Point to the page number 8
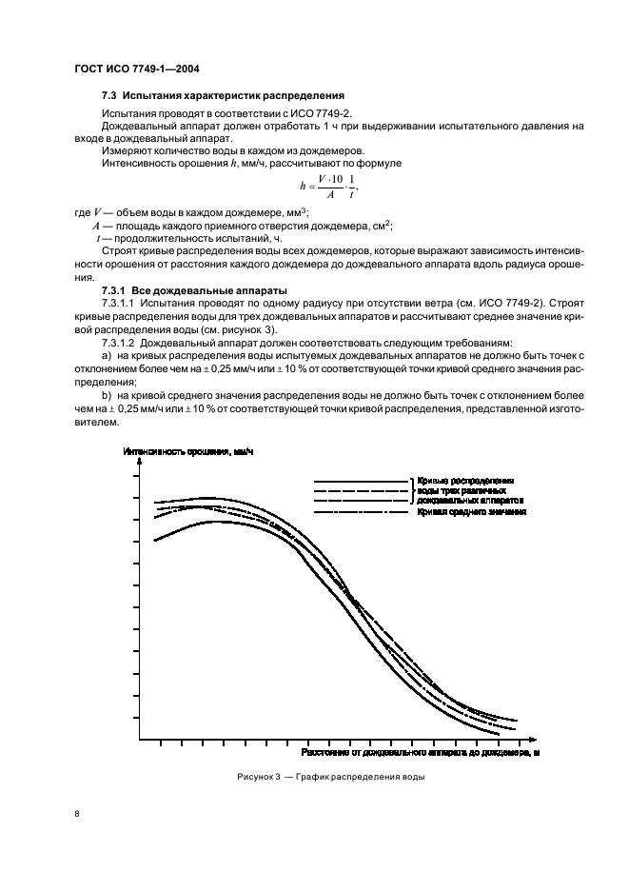point(76,814)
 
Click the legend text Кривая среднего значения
point(471,512)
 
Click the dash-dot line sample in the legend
point(361,512)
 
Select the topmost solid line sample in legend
point(361,481)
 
